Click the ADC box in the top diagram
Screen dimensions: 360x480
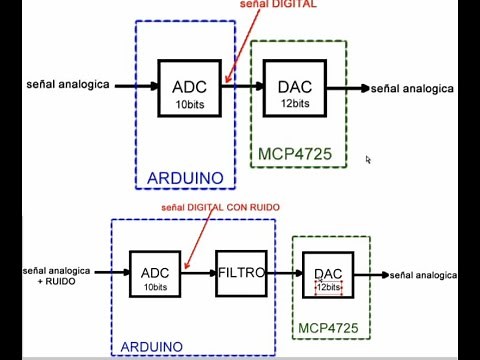point(189,90)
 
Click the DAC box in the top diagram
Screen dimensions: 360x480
point(294,90)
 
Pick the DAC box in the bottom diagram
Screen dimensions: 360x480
point(328,278)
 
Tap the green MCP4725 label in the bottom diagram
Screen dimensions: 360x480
point(329,327)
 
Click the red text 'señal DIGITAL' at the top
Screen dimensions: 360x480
point(279,5)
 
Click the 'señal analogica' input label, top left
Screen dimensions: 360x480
point(68,84)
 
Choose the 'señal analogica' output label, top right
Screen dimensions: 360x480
point(412,89)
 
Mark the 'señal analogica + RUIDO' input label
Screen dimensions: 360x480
point(58,276)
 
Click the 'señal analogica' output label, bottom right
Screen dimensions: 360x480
point(424,275)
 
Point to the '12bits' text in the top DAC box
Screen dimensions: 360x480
point(294,103)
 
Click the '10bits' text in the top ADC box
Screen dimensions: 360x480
point(189,104)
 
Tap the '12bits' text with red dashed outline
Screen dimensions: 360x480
point(329,287)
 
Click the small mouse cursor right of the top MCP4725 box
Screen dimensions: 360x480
point(369,159)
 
